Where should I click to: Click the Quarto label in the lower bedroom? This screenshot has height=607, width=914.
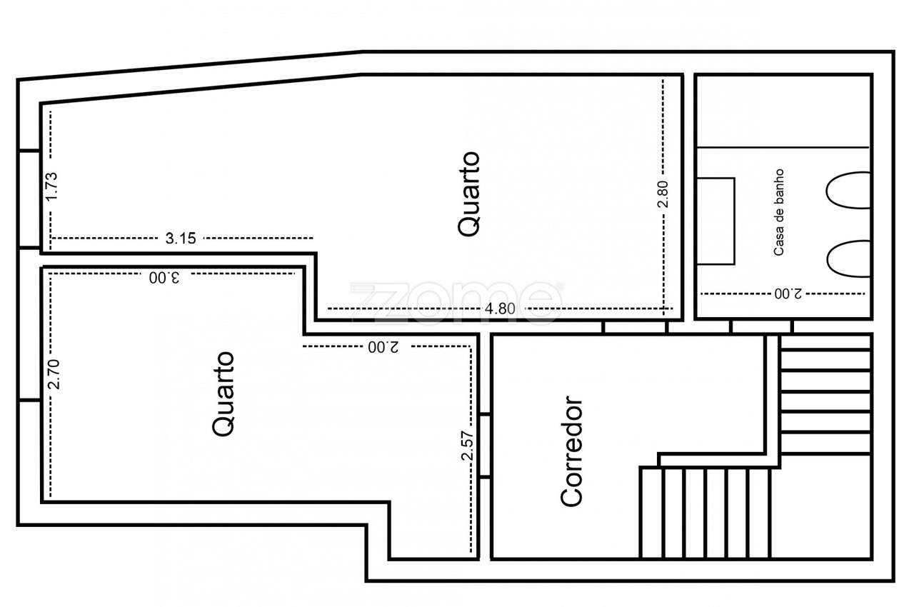point(224,393)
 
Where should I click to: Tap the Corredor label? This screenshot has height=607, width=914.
point(572,452)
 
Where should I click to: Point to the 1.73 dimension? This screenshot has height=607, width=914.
point(51,186)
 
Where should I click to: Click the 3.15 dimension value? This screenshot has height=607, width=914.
point(180,239)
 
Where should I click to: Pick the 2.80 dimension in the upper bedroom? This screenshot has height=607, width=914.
point(663,194)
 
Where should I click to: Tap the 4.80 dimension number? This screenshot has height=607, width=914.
point(500,309)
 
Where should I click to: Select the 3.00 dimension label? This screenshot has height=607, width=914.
point(164,277)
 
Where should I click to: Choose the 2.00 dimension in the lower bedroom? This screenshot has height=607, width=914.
point(383,347)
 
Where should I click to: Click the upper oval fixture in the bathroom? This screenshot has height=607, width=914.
point(848,190)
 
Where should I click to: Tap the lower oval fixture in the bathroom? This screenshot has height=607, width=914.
point(848,259)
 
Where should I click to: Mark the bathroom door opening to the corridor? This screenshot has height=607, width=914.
point(761,327)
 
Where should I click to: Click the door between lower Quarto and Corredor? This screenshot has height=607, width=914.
point(485,446)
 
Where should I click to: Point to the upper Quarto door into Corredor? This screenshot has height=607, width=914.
point(635,327)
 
